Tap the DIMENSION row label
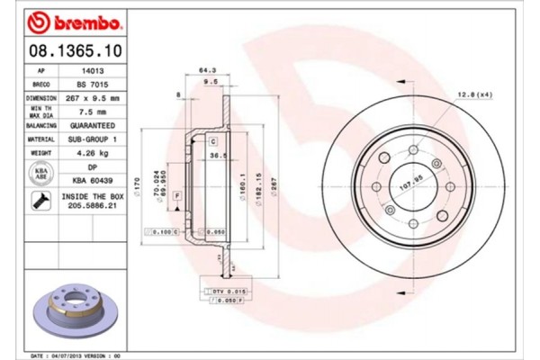click(41, 97)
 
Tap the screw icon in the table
click(41, 201)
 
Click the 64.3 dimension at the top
click(207, 70)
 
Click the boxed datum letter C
click(213, 142)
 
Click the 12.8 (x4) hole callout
click(473, 94)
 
